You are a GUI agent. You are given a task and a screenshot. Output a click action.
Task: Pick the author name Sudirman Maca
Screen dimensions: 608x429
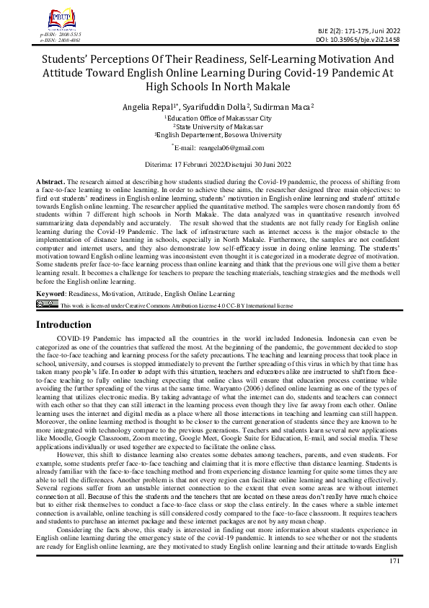point(279,106)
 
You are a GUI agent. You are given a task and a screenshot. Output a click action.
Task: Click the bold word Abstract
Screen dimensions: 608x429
point(51,178)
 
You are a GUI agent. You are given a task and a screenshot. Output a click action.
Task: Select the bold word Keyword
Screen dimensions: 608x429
point(53,294)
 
